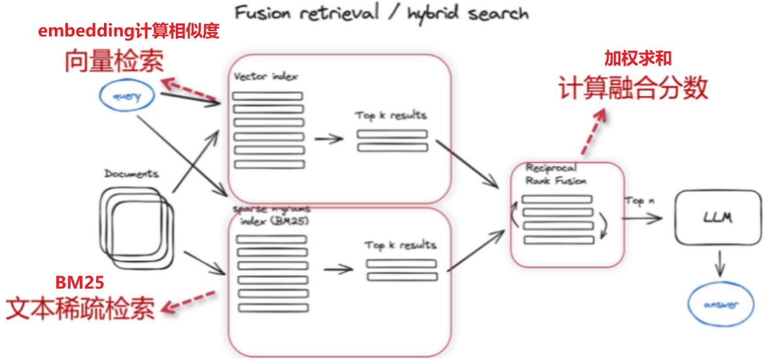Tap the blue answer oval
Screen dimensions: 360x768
(721, 305)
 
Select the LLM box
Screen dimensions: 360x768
(718, 217)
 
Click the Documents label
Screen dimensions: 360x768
(131, 174)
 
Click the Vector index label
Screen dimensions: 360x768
(265, 76)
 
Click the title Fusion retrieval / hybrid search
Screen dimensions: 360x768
(382, 13)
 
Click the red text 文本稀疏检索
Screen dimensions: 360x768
(80, 308)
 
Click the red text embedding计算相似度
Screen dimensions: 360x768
(128, 31)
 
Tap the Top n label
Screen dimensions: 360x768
(639, 201)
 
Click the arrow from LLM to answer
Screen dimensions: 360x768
(720, 264)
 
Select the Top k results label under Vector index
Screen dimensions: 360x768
(391, 116)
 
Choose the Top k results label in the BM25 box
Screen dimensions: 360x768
(400, 245)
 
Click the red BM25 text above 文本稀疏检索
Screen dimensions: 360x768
(80, 282)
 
